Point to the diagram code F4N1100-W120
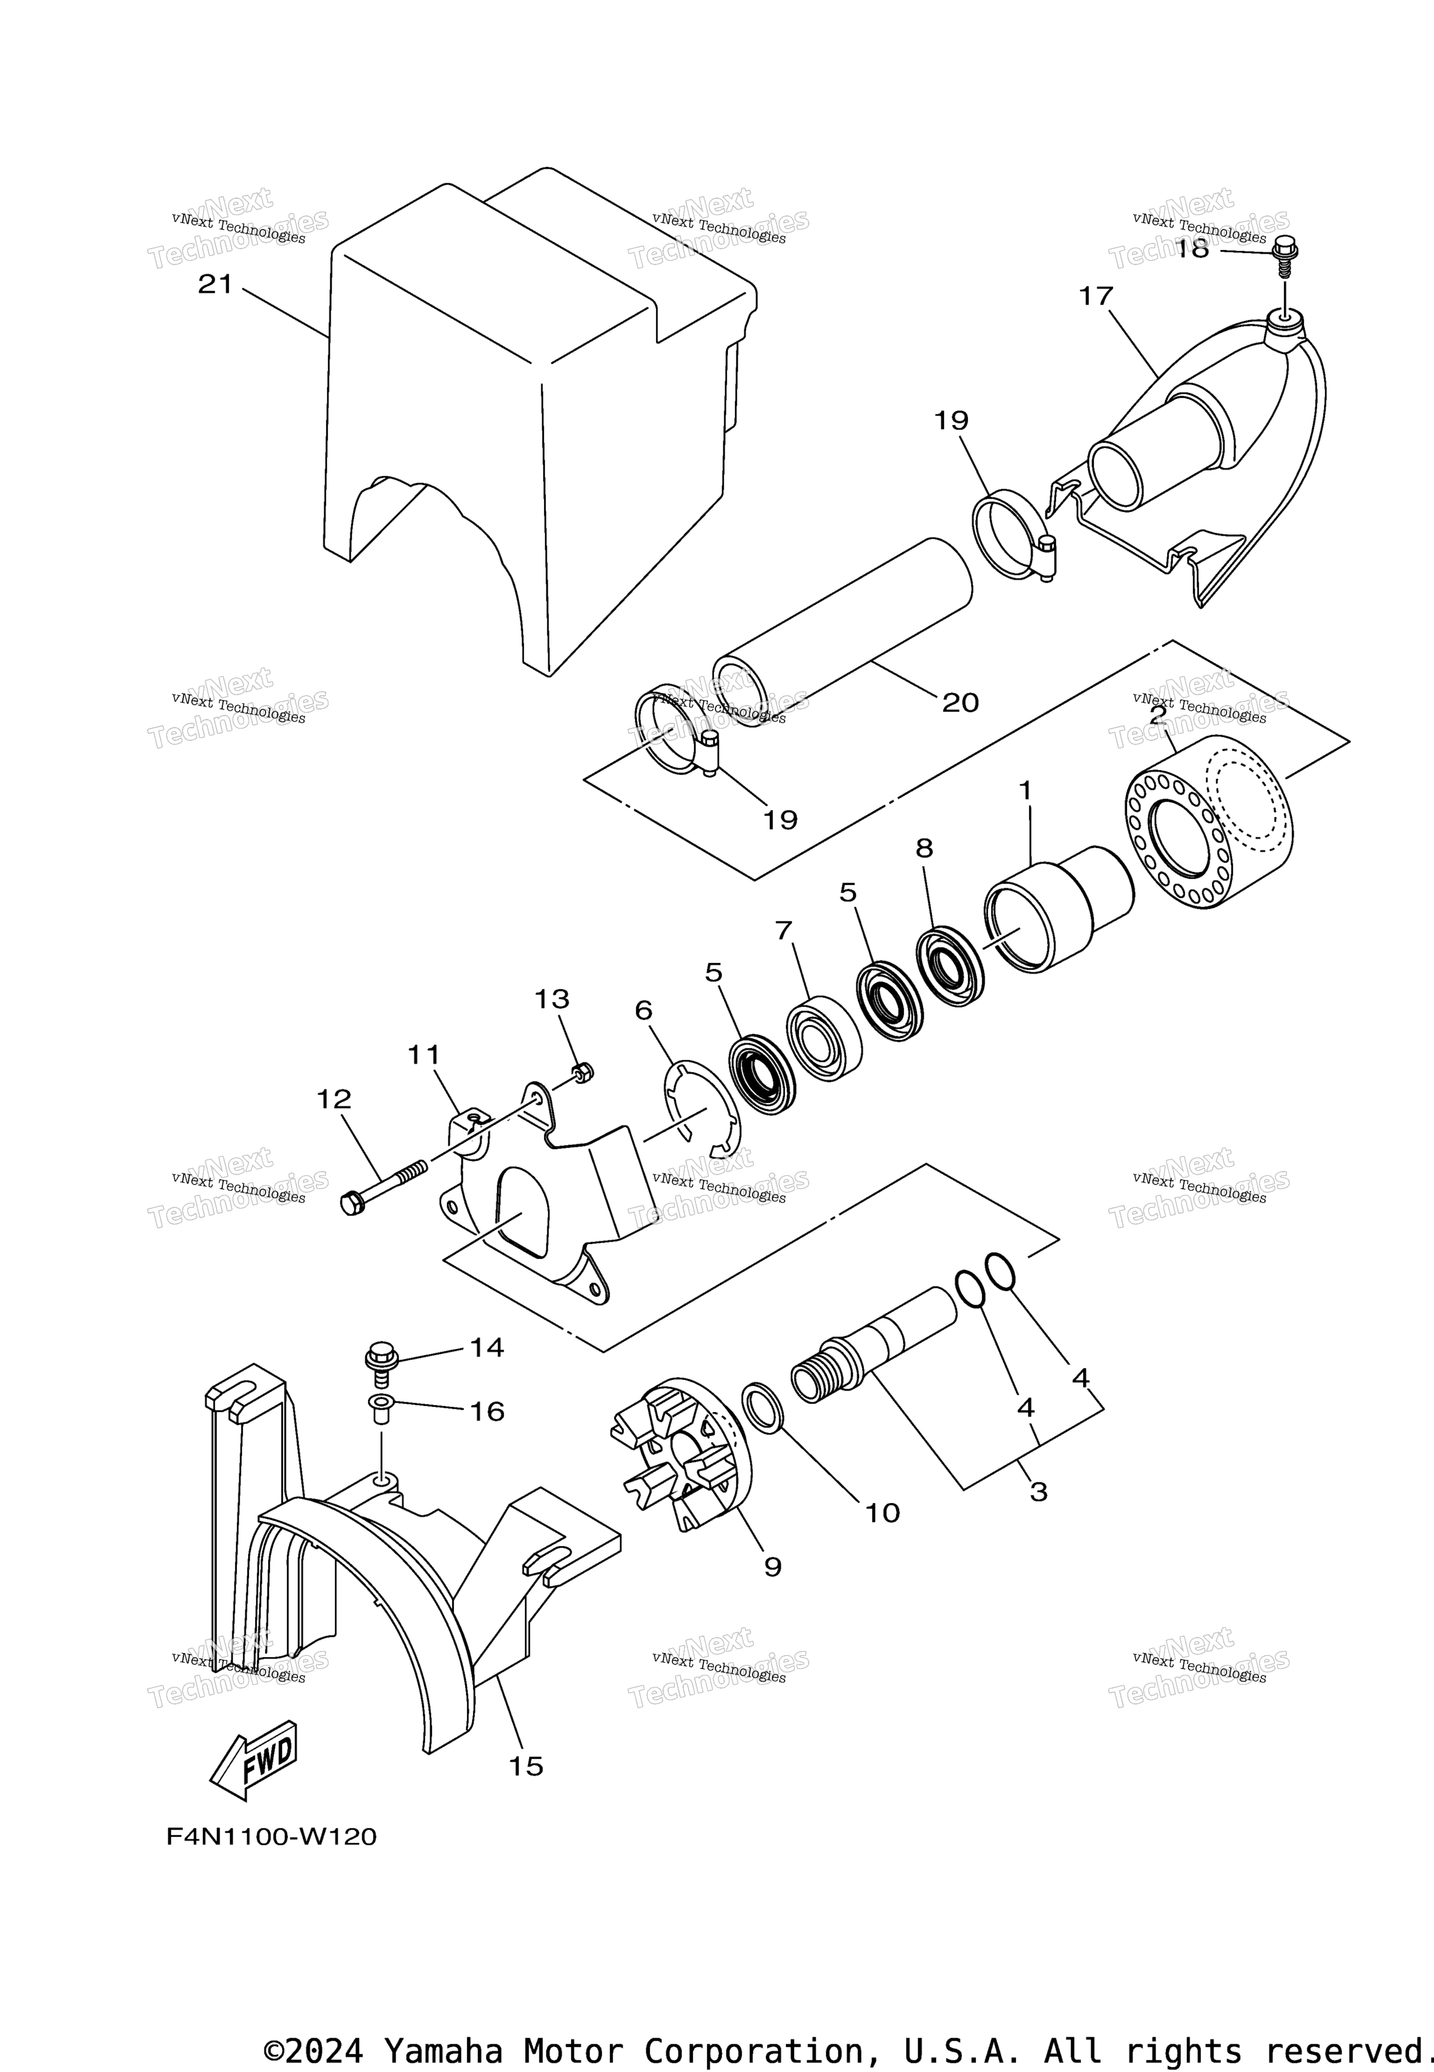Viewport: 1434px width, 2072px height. [271, 1837]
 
